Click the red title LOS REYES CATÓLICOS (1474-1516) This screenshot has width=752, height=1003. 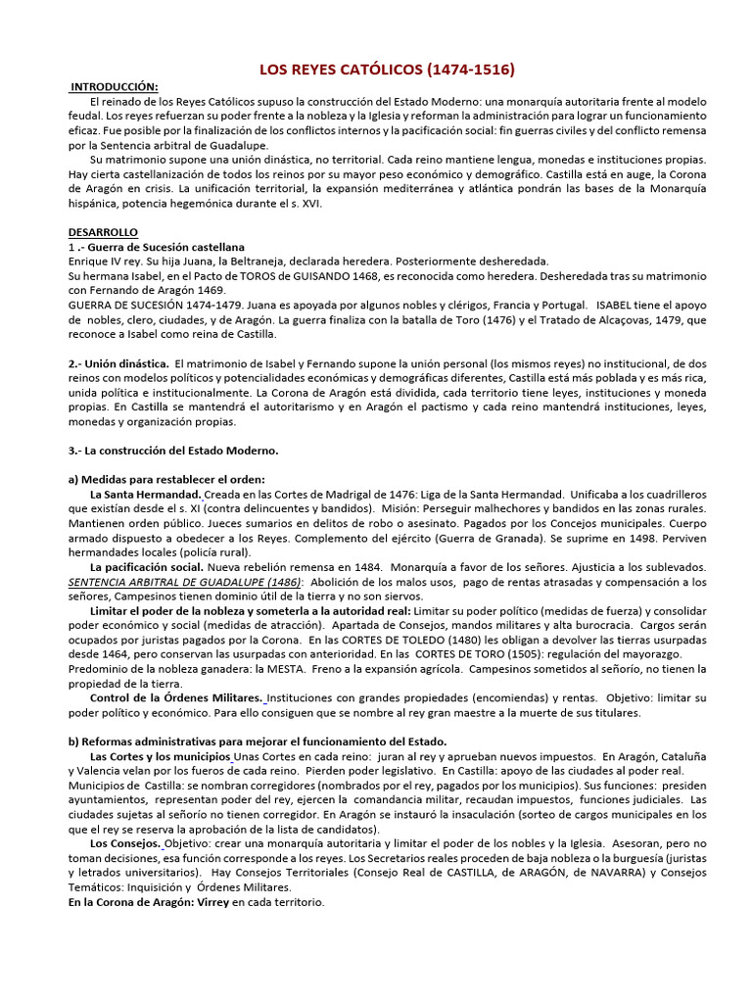[x=386, y=70]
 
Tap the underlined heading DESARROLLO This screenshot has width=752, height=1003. [x=104, y=232]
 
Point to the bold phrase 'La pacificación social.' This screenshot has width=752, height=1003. [x=147, y=567]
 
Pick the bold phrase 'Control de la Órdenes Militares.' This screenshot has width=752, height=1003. [x=175, y=698]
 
